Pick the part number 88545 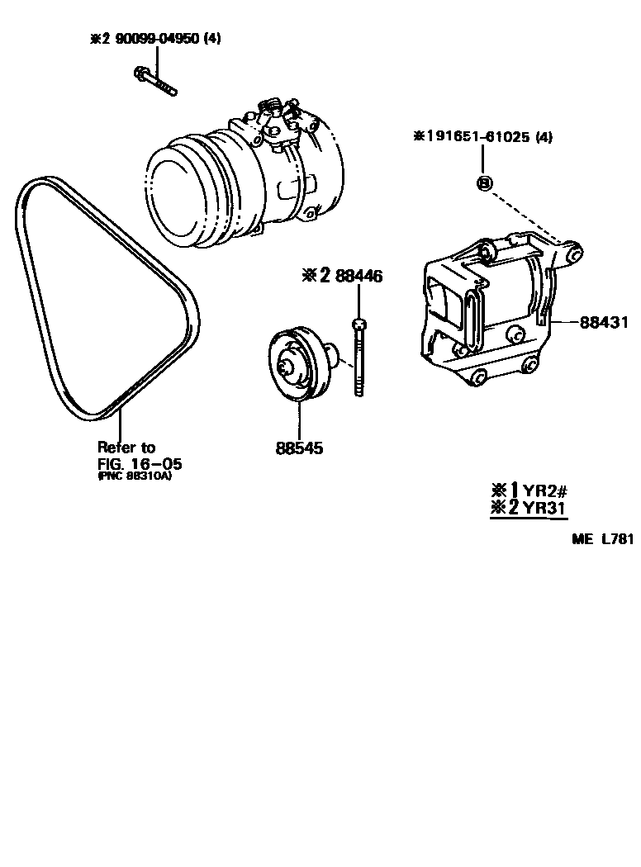(x=299, y=448)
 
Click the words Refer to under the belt (x=126, y=447)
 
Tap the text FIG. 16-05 (x=140, y=462)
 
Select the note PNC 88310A (x=140, y=476)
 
